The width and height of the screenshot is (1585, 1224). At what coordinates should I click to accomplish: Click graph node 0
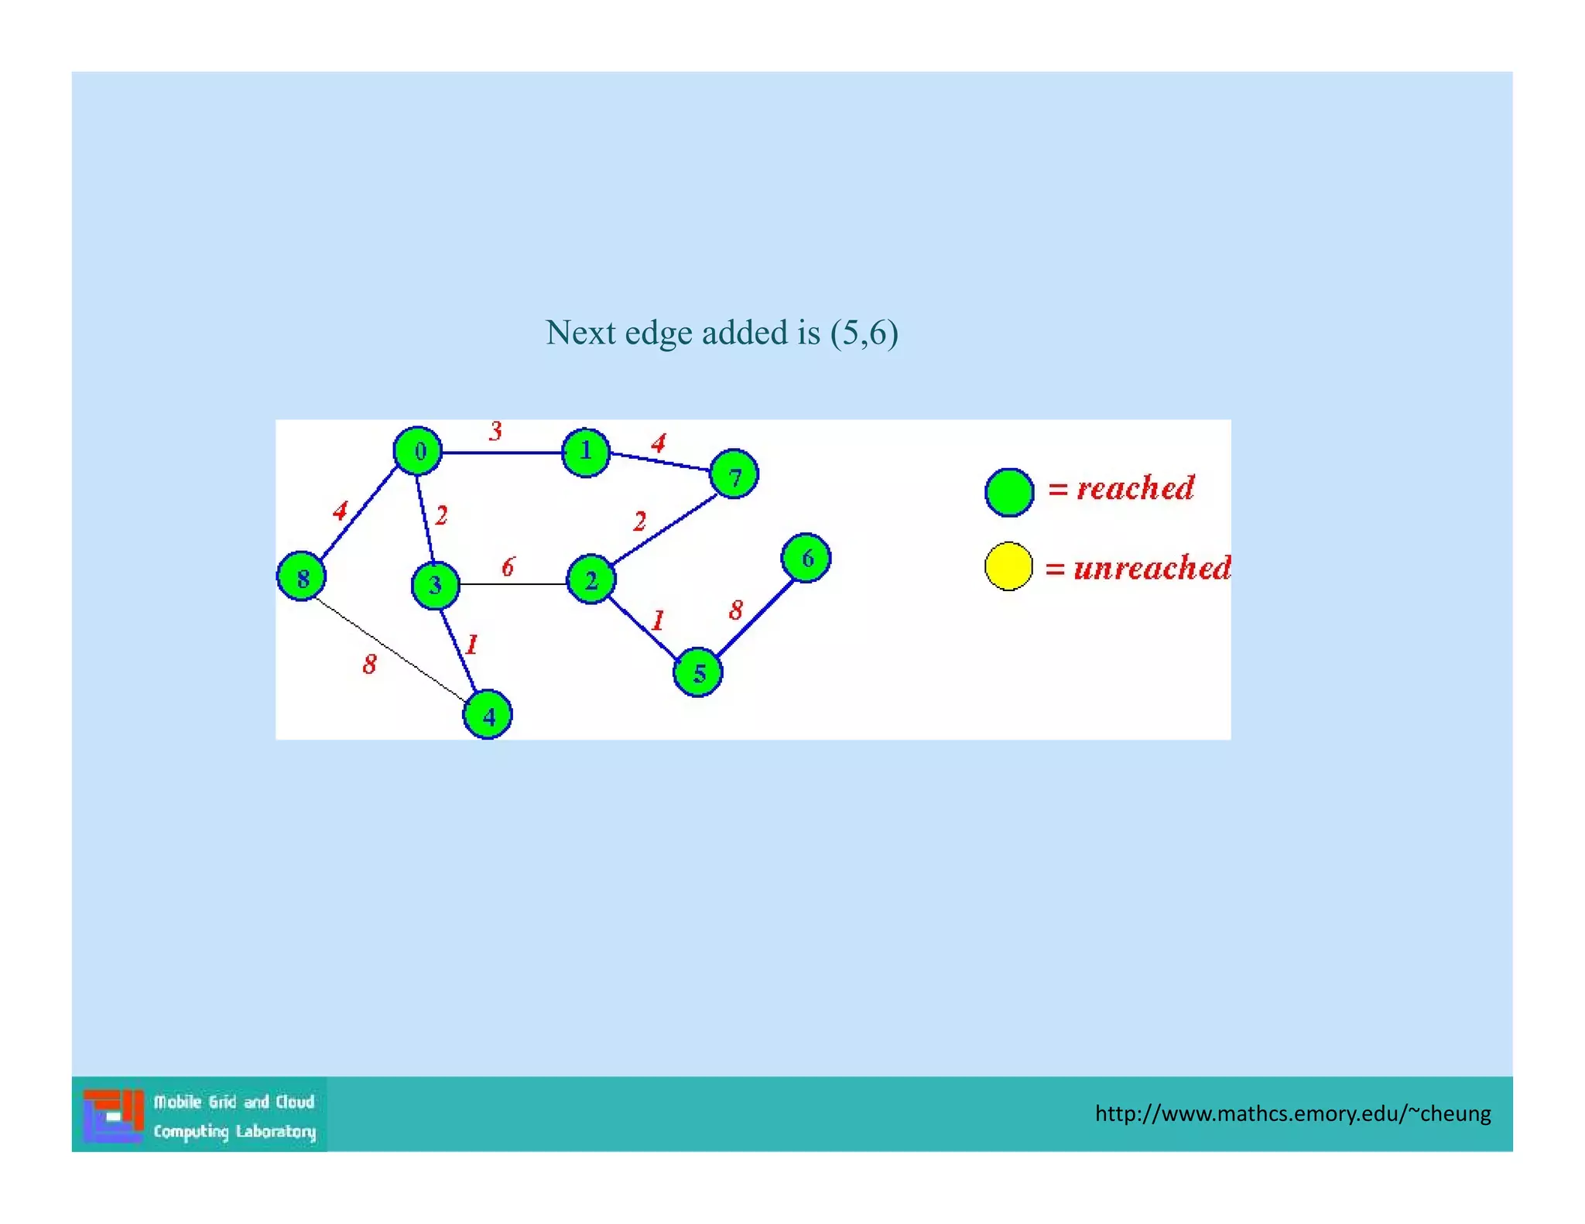pos(418,450)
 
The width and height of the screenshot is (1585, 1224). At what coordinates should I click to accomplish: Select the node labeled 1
pos(586,452)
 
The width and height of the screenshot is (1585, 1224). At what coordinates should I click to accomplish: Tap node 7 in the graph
pos(734,474)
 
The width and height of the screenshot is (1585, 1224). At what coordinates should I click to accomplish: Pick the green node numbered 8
pos(301,576)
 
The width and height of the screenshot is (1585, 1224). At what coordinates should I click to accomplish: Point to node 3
pos(435,585)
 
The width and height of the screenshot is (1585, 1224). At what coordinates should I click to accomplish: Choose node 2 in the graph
pos(591,580)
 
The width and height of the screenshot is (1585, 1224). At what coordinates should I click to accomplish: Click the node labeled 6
pos(806,558)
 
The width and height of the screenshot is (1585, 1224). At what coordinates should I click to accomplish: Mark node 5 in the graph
pos(698,672)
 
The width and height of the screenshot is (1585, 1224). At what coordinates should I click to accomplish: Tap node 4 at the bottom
pos(488,715)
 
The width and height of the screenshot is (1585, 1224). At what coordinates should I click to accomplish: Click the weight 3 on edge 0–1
pos(495,431)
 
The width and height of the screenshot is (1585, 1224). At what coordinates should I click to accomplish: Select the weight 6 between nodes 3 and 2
pos(508,567)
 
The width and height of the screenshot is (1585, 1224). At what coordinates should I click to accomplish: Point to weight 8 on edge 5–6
pos(736,610)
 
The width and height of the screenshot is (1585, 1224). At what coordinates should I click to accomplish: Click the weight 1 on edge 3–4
pos(472,644)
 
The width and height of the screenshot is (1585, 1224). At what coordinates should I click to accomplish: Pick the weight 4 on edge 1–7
pos(659,443)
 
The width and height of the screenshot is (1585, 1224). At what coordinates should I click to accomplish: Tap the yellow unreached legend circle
pos(1008,566)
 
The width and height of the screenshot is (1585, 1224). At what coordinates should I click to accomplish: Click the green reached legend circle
pos(1009,492)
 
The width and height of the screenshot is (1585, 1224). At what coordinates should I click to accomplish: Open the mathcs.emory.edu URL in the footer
pos(1292,1113)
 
